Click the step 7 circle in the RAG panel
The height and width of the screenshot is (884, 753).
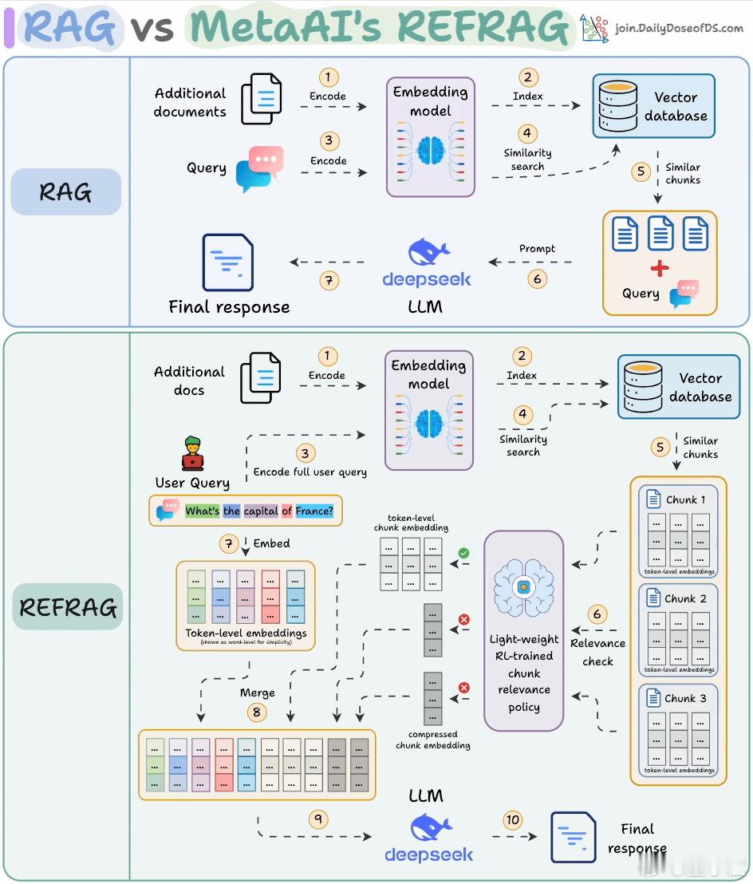(327, 281)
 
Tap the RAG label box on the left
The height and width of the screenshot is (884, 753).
(66, 191)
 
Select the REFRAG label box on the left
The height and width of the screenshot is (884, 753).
(69, 607)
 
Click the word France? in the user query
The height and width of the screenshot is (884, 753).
(313, 511)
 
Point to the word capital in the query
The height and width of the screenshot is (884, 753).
(261, 511)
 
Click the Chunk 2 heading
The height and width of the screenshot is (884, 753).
(685, 598)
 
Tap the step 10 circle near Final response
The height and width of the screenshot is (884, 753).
(513, 819)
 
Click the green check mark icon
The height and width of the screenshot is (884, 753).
(463, 552)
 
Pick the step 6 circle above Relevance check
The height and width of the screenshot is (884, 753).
(597, 614)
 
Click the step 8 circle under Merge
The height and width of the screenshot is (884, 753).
(256, 712)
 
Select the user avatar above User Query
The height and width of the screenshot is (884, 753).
(192, 453)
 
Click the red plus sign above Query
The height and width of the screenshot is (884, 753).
(660, 268)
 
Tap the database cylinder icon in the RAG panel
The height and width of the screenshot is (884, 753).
(617, 106)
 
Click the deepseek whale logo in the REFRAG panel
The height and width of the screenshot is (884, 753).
(429, 827)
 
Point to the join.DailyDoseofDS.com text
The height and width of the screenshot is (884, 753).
(680, 29)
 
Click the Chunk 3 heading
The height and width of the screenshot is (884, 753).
(685, 698)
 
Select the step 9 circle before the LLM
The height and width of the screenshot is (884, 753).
(318, 819)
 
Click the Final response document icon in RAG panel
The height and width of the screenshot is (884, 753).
(228, 262)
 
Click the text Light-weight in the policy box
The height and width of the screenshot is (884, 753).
(524, 640)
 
